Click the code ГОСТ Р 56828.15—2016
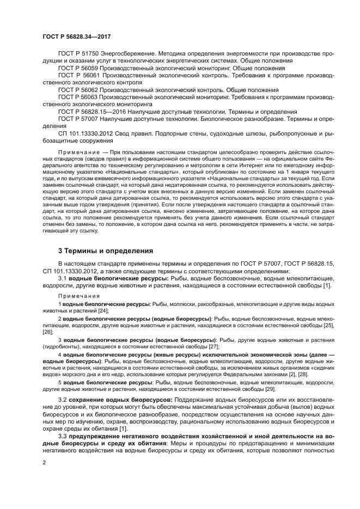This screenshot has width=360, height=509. pos(90,111)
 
